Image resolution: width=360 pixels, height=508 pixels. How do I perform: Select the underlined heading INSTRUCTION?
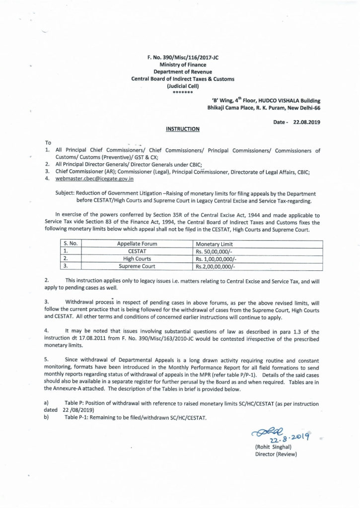tap(182, 129)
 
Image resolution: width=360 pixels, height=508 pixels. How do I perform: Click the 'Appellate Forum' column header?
tap(137, 244)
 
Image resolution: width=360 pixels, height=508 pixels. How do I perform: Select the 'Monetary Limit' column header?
tap(215, 244)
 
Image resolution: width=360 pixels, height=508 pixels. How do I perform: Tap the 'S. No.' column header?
tap(72, 244)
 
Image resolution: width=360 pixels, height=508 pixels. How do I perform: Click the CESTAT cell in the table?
tap(137, 252)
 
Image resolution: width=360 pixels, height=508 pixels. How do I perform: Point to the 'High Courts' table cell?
tap(137, 259)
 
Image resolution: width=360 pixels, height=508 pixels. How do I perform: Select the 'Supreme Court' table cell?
tap(137, 266)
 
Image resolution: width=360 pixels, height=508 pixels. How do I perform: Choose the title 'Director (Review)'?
tap(276, 454)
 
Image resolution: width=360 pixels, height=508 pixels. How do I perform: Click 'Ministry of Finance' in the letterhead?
tap(183, 65)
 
